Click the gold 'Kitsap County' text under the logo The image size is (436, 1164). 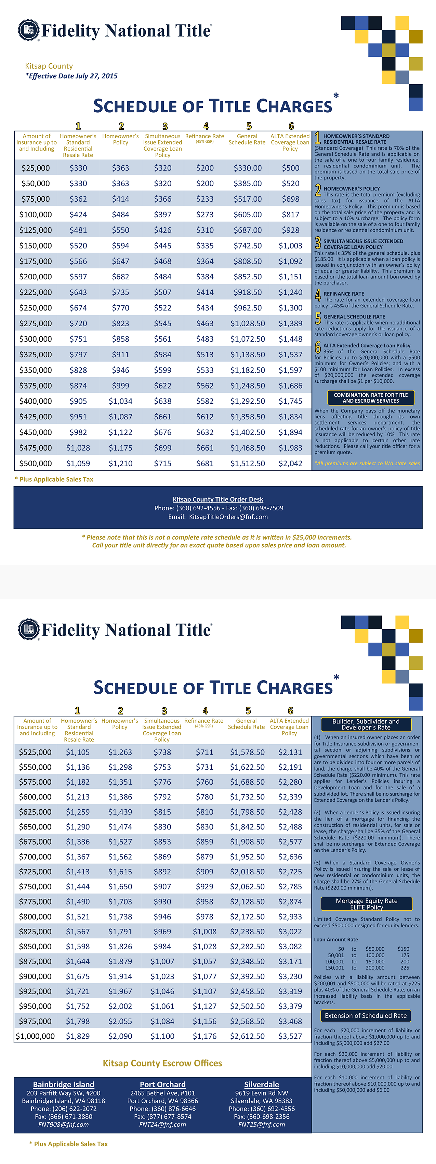tap(49, 66)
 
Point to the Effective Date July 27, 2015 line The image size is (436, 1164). tap(71, 76)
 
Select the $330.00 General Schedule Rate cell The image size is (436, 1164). tap(247, 168)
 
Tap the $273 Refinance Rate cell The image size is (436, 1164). tap(204, 215)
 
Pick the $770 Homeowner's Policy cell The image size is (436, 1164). tap(120, 308)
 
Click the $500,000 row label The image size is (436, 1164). tap(35, 463)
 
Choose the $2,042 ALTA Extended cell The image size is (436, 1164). tap(290, 463)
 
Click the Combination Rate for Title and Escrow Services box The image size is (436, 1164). tap(371, 397)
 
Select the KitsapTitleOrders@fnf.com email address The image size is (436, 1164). tap(228, 517)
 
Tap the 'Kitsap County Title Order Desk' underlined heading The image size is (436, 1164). tap(218, 499)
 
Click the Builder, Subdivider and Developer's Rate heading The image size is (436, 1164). tap(366, 724)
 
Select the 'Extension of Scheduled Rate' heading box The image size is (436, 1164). tap(366, 1015)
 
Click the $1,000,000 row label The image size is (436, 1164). tap(35, 1036)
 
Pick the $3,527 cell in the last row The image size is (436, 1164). tap(290, 1036)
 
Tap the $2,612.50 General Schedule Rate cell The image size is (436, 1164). tap(247, 1036)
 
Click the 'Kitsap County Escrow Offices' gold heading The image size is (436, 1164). tap(162, 1063)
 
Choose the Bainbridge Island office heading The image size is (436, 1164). tap(64, 1085)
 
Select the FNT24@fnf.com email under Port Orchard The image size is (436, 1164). tap(162, 1124)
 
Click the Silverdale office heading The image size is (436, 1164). tap(262, 1085)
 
